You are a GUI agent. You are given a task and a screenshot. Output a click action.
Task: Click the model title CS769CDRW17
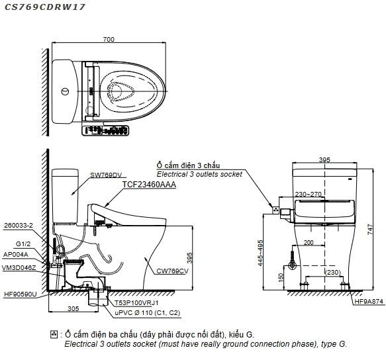click(45, 7)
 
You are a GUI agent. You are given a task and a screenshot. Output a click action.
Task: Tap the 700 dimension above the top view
click(109, 39)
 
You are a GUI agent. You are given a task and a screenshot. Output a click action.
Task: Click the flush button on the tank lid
click(65, 91)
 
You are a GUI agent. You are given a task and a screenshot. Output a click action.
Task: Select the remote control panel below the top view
click(105, 130)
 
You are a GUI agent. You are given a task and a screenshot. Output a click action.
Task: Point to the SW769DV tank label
click(106, 175)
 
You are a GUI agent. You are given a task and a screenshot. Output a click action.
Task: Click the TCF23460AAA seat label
click(149, 185)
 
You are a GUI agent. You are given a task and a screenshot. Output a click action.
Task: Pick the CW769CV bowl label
click(172, 271)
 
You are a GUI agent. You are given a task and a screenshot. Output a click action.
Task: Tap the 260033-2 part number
click(19, 226)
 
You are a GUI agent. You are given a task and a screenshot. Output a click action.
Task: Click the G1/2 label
click(23, 244)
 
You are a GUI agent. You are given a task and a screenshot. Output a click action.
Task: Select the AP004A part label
click(16, 255)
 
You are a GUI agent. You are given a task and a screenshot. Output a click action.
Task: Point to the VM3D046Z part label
click(19, 268)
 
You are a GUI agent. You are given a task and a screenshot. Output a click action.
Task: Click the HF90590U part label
click(20, 294)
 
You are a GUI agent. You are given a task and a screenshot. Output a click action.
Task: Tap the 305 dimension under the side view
click(73, 309)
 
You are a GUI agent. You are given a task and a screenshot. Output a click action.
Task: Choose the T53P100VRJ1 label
click(136, 303)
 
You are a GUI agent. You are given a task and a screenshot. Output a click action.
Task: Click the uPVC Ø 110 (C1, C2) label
click(148, 313)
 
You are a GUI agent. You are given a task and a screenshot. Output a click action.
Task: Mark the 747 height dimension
click(371, 229)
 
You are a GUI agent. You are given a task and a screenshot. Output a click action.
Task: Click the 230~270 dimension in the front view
click(309, 194)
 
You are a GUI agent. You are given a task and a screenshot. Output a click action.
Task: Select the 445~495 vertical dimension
click(260, 253)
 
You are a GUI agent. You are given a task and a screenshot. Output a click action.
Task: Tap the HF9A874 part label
click(369, 302)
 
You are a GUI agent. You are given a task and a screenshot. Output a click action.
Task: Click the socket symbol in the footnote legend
click(54, 334)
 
